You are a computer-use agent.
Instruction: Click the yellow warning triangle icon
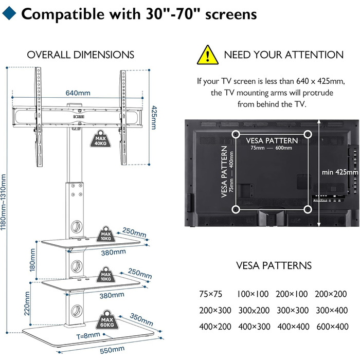coord(207,54)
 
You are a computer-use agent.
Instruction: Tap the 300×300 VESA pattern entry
coord(292,311)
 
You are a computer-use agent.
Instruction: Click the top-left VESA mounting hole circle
coord(236,135)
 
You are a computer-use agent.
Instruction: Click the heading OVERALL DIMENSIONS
coord(81,55)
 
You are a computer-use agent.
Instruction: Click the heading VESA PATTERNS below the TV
coord(274,266)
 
